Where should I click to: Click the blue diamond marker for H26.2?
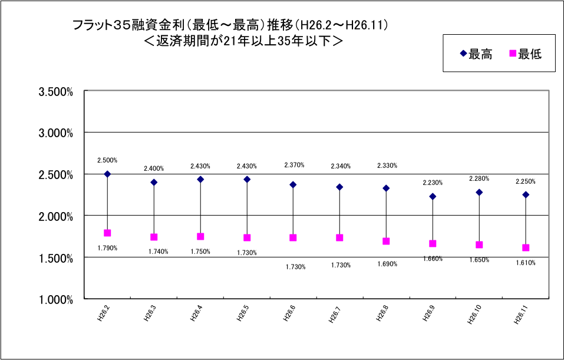coord(107,174)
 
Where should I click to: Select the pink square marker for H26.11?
coord(526,247)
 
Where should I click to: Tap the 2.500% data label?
coord(107,160)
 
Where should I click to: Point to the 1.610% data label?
coord(525,263)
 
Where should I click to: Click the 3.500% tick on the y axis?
coord(55,91)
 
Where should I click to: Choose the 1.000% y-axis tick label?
coord(55,299)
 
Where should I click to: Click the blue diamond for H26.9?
coord(433,196)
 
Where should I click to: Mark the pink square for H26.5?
coord(247,237)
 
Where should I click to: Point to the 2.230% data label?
coord(433,183)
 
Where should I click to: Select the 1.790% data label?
coord(107,248)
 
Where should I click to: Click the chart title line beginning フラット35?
coord(230,25)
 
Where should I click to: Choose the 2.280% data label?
coord(479,179)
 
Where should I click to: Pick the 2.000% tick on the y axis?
coord(55,216)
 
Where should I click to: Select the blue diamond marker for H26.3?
coord(154,182)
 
